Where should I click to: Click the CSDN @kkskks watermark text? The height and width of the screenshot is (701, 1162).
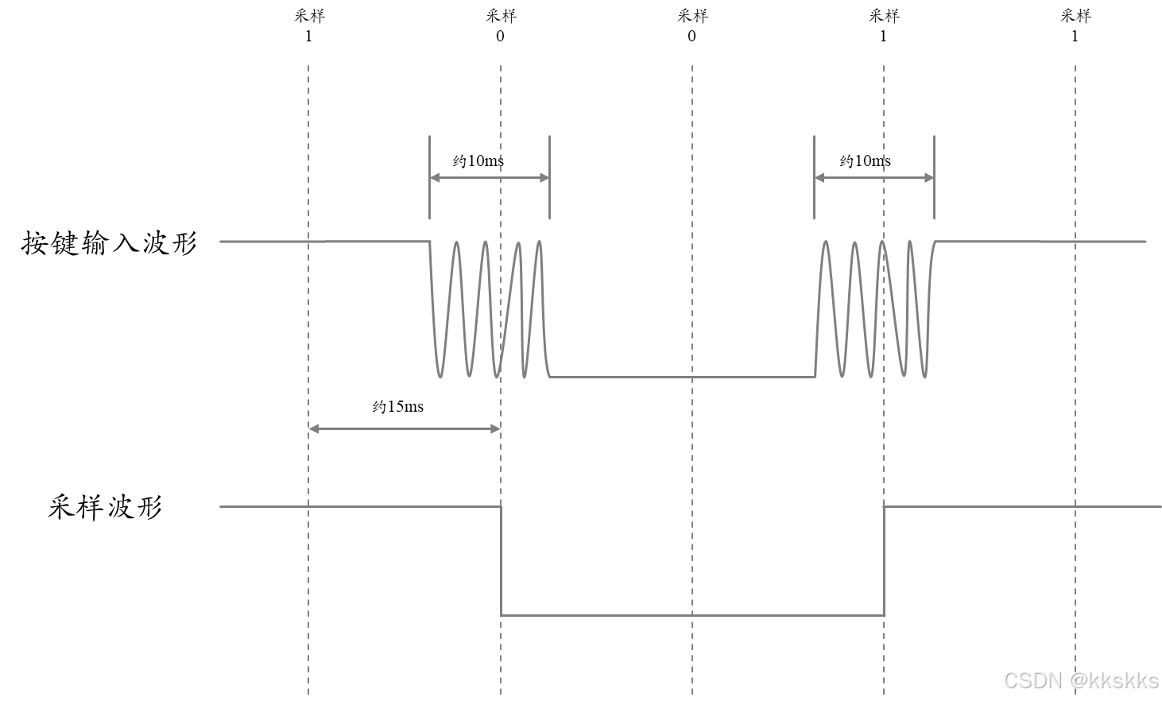(1079, 680)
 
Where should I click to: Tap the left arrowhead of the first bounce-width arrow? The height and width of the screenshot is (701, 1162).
(434, 178)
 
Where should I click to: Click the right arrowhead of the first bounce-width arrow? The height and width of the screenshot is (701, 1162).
(545, 178)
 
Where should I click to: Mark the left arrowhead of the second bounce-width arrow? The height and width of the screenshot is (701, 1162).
(819, 178)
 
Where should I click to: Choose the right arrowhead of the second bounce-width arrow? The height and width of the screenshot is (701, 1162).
(930, 178)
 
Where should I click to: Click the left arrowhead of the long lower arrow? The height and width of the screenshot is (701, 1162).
(313, 429)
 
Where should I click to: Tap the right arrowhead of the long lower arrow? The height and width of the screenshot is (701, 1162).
(496, 429)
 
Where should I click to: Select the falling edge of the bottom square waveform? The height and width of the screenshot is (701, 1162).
(501, 560)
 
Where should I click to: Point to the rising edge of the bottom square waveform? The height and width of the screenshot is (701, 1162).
(885, 560)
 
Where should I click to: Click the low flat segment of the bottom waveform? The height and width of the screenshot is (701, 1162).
(692, 615)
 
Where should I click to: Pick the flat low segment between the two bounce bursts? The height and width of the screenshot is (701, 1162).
(684, 377)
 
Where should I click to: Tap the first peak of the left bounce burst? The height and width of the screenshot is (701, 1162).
(457, 242)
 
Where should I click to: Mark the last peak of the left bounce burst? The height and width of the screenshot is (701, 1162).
(540, 242)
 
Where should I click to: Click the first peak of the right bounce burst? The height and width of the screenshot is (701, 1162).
(826, 242)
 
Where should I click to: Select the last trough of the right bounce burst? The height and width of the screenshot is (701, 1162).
(925, 376)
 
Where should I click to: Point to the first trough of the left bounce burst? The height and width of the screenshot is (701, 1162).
(440, 376)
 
